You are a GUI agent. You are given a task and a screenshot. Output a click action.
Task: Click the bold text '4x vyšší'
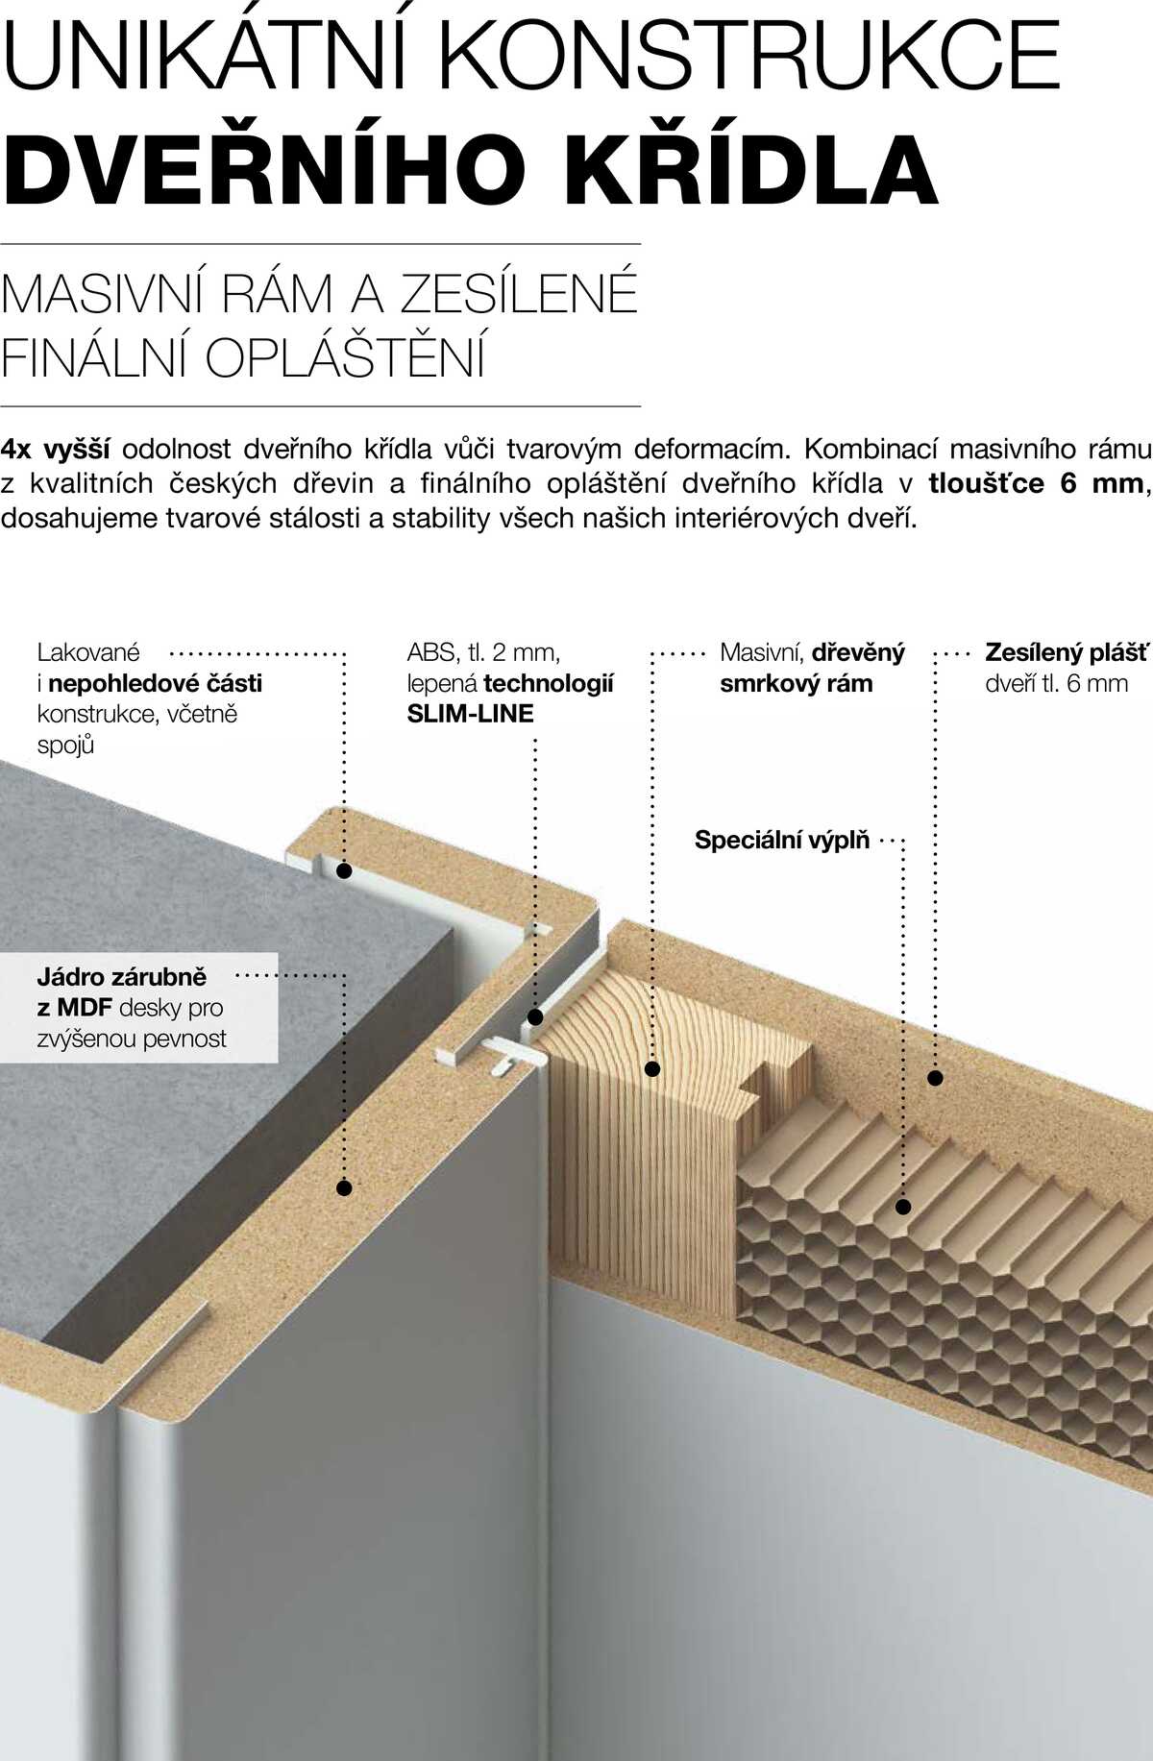[x=56, y=450]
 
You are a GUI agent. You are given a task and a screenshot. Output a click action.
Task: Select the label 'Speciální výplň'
[x=782, y=840]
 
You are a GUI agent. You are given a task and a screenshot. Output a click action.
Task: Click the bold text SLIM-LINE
[x=470, y=714]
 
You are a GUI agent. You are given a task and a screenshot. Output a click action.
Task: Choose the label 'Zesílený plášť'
[x=1067, y=652]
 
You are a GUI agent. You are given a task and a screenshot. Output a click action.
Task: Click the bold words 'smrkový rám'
[x=797, y=684]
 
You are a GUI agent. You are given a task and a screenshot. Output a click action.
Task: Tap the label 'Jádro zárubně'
[x=122, y=977]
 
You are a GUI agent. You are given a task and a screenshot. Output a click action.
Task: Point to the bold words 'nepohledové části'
[x=156, y=683]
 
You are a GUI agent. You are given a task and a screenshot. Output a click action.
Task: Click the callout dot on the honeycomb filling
[x=903, y=1207]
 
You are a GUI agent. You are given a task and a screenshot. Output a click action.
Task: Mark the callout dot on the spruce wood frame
[x=652, y=1068]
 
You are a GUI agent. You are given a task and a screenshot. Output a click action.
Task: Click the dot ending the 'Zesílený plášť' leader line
[x=935, y=1078]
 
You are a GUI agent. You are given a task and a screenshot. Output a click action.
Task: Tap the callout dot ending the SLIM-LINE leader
[x=535, y=1017]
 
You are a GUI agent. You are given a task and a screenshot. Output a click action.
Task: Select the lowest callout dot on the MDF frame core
[x=344, y=1188]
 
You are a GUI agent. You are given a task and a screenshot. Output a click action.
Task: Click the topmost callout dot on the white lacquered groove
[x=344, y=870]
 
